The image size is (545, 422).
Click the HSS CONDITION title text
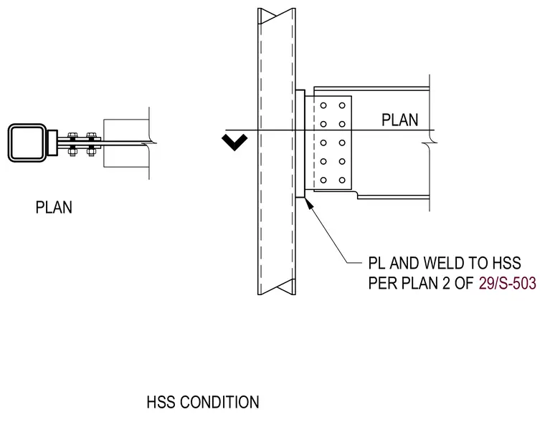203,402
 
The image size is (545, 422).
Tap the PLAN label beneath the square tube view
54,207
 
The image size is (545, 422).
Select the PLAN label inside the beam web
399,120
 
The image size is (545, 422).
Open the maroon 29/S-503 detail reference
508,284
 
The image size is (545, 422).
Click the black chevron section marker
234,143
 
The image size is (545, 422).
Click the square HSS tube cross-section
27,143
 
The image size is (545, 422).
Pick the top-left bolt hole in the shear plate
323,105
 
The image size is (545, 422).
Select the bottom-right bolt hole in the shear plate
342,180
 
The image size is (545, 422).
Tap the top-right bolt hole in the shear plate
342,105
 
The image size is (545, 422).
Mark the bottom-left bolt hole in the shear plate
323,180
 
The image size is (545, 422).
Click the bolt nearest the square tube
72,144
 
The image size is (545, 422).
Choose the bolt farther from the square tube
91,144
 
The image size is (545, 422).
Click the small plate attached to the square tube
52,143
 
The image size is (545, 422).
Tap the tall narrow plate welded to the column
300,144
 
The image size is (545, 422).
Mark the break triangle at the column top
277,16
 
